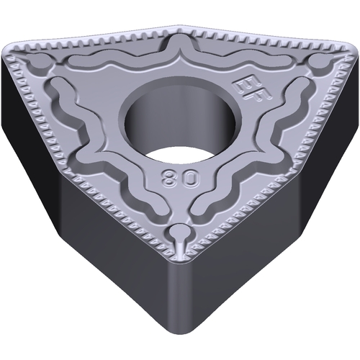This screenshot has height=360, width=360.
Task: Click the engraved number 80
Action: [x=181, y=178]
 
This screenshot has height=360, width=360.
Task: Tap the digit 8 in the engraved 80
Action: [x=170, y=178]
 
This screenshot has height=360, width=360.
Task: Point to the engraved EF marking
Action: [x=253, y=89]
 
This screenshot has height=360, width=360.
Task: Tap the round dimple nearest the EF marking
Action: [x=316, y=62]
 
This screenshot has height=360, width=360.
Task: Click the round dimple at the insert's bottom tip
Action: [x=179, y=231]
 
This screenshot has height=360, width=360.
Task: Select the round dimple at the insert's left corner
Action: [x=39, y=63]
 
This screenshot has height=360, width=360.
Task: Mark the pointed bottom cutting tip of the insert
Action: [x=179, y=260]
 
